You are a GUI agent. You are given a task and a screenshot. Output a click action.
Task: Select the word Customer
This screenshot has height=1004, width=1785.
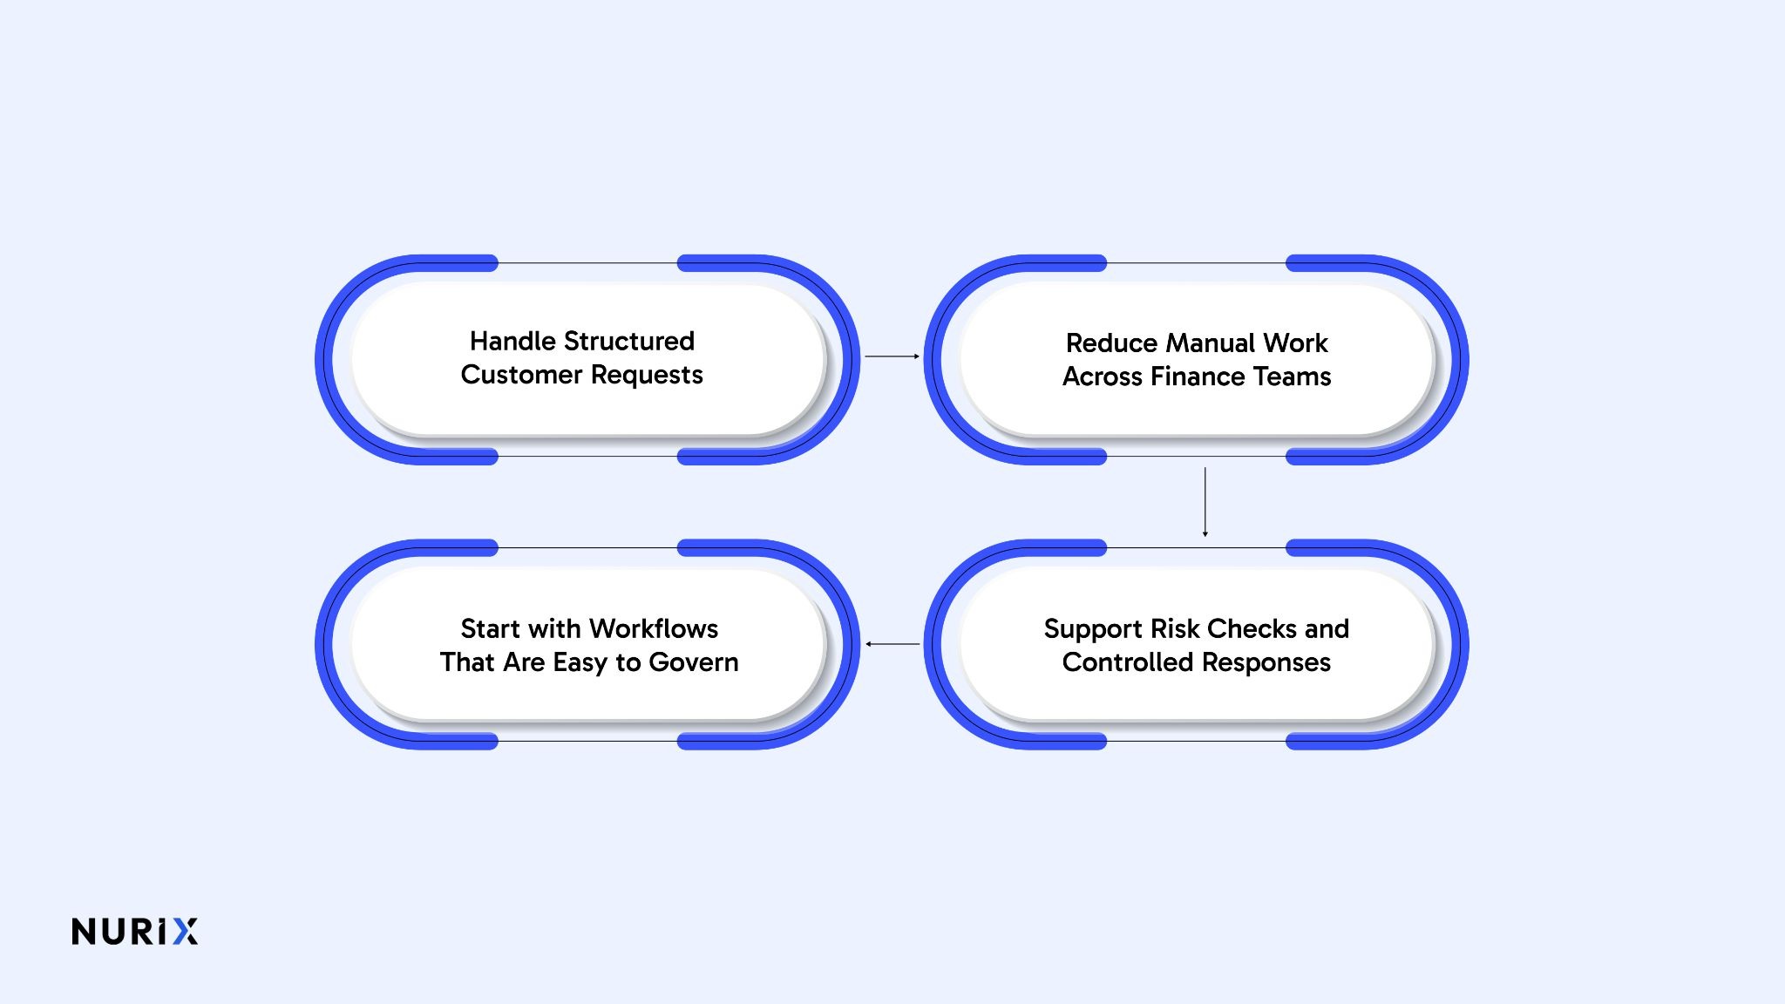tap(521, 375)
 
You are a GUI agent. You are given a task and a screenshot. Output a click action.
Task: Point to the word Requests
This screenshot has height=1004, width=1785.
tap(647, 376)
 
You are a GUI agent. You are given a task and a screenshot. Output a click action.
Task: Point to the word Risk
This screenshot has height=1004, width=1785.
tap(1175, 628)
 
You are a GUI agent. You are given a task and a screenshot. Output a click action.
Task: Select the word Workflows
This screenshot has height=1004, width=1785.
tap(654, 628)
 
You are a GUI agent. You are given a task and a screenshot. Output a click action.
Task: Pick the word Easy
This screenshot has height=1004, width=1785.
tap(580, 663)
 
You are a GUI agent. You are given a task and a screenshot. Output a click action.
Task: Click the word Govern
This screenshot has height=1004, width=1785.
tap(694, 662)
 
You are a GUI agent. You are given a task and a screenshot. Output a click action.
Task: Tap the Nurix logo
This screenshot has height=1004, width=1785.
tap(135, 931)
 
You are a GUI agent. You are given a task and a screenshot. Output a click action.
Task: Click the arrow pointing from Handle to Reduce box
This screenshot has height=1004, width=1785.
tap(892, 356)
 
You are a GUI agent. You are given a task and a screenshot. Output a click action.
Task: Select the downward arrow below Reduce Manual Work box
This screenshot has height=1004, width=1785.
tap(1205, 502)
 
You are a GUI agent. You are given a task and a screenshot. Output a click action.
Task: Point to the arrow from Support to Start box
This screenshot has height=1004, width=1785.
tap(892, 644)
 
